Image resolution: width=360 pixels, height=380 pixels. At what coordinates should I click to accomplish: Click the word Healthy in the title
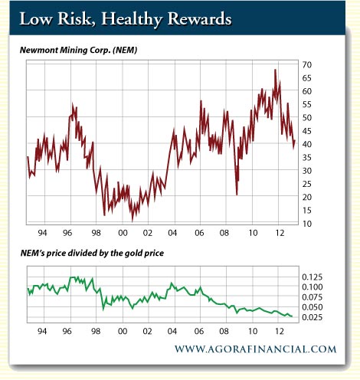click(132, 19)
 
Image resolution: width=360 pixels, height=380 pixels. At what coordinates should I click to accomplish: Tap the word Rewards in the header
click(199, 18)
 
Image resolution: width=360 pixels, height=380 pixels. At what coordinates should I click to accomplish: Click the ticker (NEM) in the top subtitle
click(125, 50)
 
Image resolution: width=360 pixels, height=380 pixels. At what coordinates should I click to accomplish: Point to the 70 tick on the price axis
click(306, 65)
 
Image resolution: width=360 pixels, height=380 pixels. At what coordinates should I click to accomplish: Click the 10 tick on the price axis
click(306, 224)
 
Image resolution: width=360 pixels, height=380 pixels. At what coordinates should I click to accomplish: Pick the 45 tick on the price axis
click(306, 131)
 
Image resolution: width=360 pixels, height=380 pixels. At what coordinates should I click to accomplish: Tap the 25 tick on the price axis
click(306, 184)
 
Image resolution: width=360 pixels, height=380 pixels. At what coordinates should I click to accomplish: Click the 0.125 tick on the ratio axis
click(312, 277)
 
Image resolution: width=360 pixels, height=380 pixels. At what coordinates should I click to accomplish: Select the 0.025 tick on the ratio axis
click(312, 317)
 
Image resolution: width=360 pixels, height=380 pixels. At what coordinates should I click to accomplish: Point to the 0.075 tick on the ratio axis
click(312, 297)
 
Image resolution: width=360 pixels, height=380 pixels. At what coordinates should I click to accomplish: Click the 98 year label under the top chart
click(96, 233)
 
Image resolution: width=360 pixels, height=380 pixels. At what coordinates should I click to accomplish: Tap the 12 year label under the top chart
click(280, 233)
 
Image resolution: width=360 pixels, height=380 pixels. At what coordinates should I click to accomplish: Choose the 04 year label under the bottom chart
click(172, 331)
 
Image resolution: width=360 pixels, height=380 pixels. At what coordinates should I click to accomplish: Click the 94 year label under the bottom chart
click(42, 331)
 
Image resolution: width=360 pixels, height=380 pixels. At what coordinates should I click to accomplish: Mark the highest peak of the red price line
click(275, 70)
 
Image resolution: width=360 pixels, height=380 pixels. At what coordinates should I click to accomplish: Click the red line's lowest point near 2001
click(133, 221)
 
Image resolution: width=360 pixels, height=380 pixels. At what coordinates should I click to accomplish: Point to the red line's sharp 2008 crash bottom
click(237, 195)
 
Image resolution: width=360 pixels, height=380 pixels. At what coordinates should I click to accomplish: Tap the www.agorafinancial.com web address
click(255, 349)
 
